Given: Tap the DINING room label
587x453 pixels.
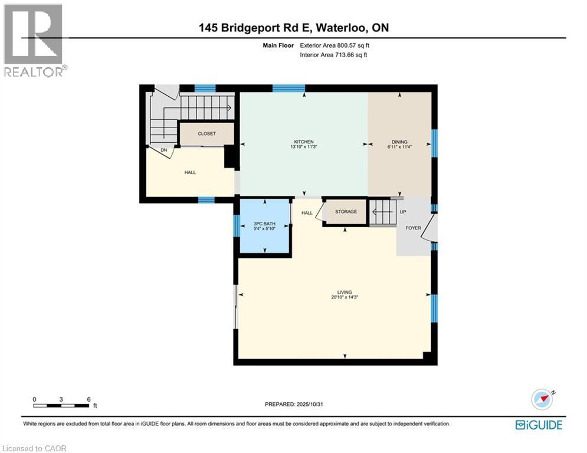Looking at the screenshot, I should (x=400, y=142).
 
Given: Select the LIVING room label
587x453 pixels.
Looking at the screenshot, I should (x=345, y=292).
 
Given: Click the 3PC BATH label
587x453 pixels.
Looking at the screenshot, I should (x=265, y=224).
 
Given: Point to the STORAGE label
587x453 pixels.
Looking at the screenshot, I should (x=346, y=212).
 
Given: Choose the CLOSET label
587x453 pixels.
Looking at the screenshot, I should (x=206, y=134).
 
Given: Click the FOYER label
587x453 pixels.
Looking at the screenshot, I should (x=413, y=228).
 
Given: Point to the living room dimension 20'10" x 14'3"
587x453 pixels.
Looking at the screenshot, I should (x=345, y=297).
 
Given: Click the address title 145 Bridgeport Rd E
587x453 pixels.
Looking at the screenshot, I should (x=293, y=28).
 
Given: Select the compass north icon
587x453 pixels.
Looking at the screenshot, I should (x=543, y=399).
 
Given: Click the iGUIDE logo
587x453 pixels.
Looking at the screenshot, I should (x=539, y=425).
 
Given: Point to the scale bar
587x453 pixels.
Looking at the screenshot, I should (x=61, y=405).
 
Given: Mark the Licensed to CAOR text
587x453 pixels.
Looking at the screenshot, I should (x=34, y=448).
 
